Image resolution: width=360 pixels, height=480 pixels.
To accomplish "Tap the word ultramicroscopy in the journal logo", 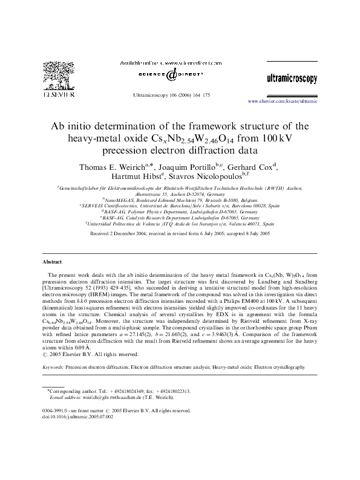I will [x=291, y=79].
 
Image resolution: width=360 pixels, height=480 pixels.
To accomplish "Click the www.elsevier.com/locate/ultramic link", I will [x=282, y=101].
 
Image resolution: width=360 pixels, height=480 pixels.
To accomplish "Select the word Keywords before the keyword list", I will [x=52, y=367].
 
